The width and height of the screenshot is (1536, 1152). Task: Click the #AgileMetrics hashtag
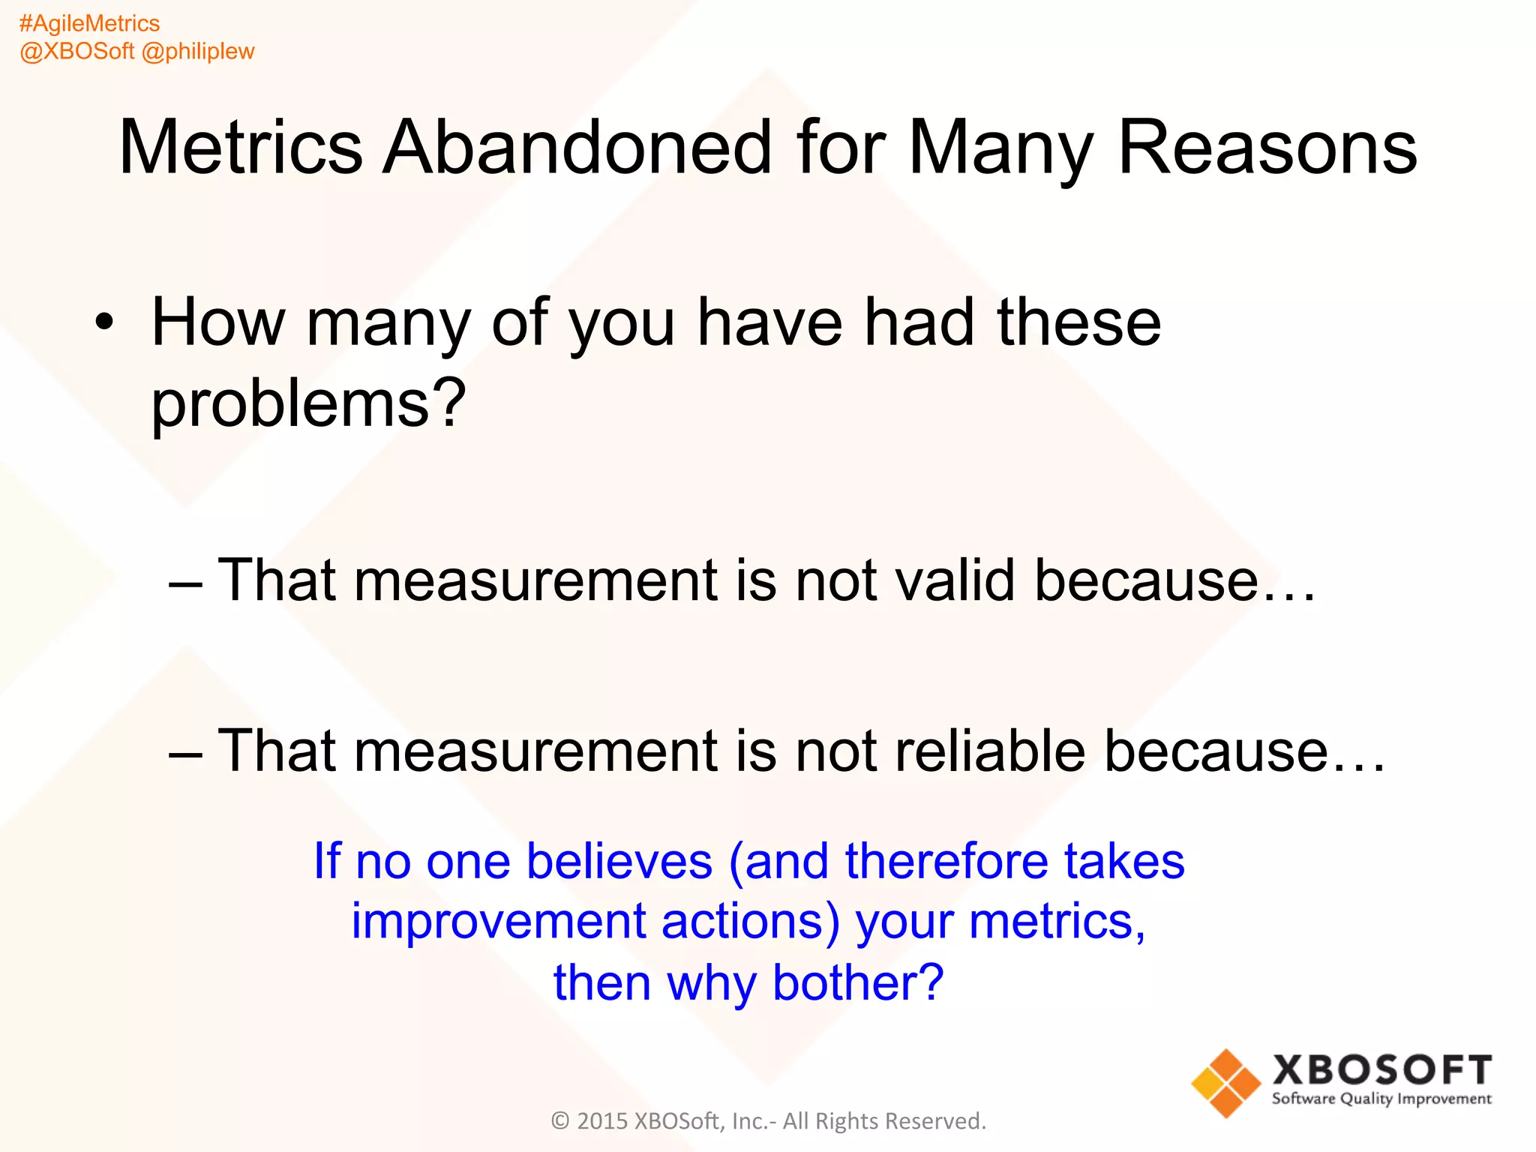pos(89,24)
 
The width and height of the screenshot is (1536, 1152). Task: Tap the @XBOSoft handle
pos(76,51)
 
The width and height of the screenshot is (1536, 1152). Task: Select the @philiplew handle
pos(198,51)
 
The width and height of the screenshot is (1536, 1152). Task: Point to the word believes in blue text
pos(619,861)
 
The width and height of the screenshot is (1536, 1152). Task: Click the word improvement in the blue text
pos(499,921)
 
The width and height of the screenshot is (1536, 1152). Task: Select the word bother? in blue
pos(858,982)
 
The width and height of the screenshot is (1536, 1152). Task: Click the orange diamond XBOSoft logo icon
pos(1225,1083)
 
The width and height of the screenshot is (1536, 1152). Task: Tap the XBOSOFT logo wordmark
pos(1381,1069)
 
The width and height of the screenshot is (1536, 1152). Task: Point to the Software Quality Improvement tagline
pos(1381,1099)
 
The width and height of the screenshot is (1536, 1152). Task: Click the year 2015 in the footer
pos(601,1121)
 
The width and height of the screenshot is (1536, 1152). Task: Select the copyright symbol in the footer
pos(560,1121)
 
